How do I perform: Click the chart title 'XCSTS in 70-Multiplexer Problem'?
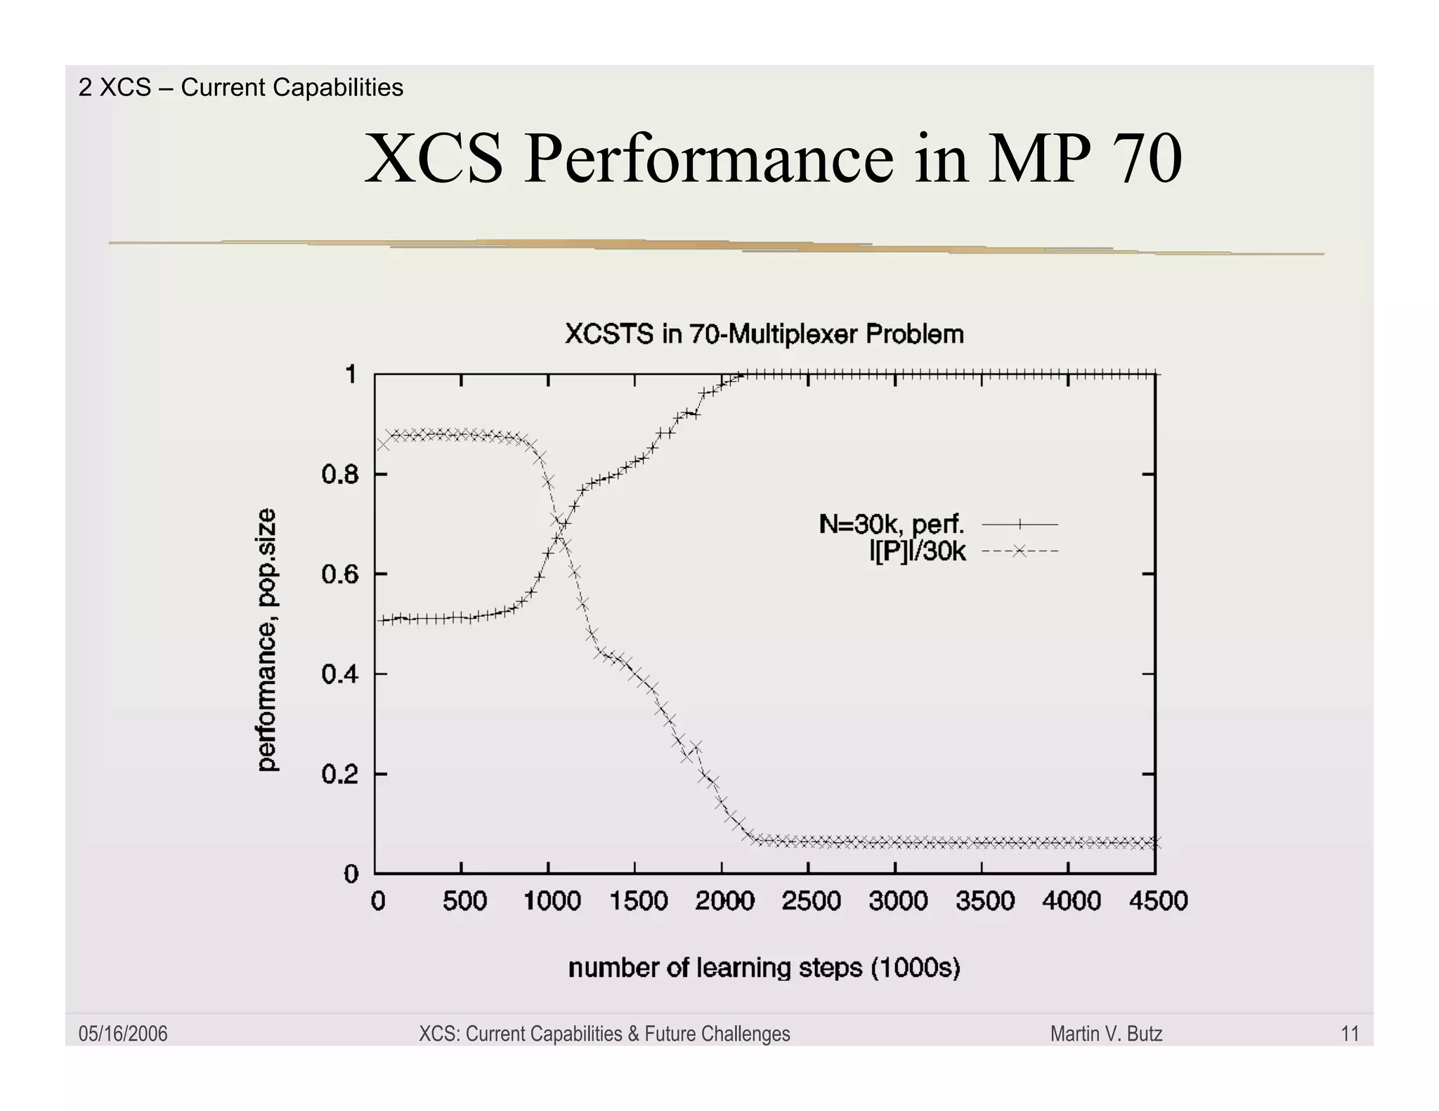coord(764,334)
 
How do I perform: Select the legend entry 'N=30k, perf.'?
coord(892,524)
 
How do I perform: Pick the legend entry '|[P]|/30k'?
coord(917,551)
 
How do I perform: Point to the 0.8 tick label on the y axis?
coord(340,475)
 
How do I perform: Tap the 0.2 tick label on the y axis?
coord(340,775)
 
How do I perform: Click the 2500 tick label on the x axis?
coord(811,900)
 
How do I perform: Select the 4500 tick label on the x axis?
coord(1158,900)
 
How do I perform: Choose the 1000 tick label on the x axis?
coord(552,900)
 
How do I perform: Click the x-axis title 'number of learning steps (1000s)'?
coord(764,968)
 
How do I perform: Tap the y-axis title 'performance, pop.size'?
coord(267,640)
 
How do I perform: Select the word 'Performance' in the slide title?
coord(709,159)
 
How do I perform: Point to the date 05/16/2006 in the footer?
coord(123,1034)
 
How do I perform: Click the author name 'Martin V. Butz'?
coord(1106,1034)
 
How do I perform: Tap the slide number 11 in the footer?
coord(1350,1034)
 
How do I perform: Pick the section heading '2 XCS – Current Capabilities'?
coord(241,87)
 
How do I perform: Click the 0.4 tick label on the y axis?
coord(340,675)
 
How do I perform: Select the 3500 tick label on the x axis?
coord(984,900)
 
